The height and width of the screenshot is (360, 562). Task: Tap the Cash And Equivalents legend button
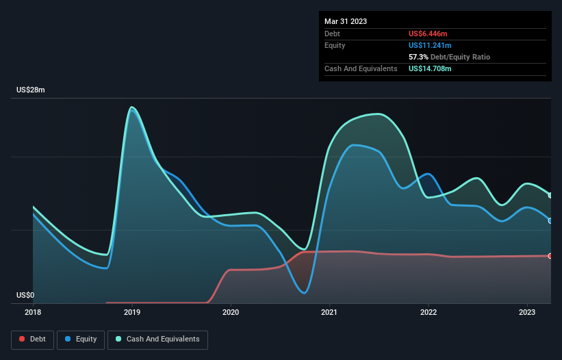coord(157,339)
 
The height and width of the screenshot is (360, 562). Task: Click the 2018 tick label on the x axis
coord(33,312)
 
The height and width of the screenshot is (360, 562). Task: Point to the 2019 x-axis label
coord(132,312)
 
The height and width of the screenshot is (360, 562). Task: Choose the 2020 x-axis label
coord(231,312)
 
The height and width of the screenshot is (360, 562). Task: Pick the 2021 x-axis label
coord(330,312)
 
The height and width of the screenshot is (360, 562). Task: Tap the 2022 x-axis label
coord(429,312)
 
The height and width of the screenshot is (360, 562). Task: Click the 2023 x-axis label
coord(527,312)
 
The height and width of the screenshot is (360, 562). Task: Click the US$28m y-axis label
coord(30,90)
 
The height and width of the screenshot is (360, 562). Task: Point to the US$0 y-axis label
coord(25,296)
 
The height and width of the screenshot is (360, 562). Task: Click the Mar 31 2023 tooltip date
coord(346,21)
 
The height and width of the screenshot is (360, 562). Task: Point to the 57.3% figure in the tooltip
coord(419,57)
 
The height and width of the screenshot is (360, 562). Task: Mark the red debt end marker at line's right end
coord(550,256)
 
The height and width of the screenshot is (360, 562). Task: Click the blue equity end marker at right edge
coord(550,220)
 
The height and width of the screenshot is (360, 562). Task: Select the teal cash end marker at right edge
coord(550,195)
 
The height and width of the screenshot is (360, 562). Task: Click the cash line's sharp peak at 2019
coord(131,107)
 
